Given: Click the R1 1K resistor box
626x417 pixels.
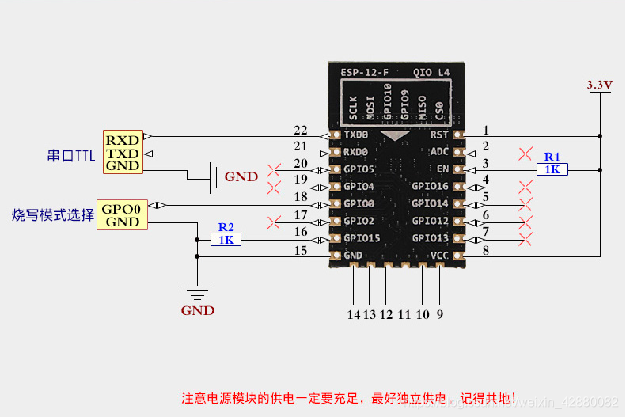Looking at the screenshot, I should pos(552,169).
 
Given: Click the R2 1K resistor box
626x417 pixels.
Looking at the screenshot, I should pos(226,238).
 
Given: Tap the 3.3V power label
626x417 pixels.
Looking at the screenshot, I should pos(599,84).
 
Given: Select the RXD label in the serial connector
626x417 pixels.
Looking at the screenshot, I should pos(123,139).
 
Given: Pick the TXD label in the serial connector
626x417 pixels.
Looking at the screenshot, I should pos(123,153).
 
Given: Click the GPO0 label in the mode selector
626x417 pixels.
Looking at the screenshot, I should pos(123,209).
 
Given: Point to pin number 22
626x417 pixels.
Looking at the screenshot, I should pos(300,130).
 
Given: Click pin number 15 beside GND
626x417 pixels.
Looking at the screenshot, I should pos(300,251).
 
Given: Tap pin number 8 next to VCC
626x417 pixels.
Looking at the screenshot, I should pos(486,251).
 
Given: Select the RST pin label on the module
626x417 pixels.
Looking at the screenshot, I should pos(439,135).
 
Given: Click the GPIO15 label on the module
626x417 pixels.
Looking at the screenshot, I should pos(362,238).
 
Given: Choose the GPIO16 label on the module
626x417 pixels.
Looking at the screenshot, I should pos(430,187).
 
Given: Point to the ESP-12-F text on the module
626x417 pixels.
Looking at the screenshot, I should pos(364,72).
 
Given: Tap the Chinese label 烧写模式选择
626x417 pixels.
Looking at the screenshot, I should pos(53,214).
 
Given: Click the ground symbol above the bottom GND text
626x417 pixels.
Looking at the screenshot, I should pos(196,290).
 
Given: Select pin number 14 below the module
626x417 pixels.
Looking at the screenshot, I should pos(353,313).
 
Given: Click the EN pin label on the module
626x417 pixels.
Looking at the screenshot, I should pos(442,169).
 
